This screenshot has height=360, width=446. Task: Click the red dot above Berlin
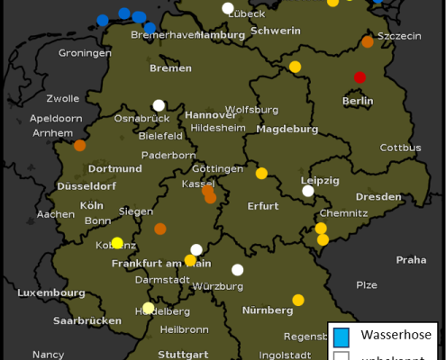coord(360,77)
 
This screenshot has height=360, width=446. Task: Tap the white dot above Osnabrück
coord(159,105)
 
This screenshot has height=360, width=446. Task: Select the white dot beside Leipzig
coord(308,191)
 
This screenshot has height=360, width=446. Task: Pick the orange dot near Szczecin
coord(368,41)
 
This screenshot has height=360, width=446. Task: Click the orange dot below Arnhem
coord(80,145)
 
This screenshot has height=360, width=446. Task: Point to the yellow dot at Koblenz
coord(117,243)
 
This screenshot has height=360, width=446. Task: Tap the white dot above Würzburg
coord(238,269)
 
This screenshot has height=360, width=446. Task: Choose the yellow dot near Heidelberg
coord(149,308)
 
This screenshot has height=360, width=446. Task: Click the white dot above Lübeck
coord(228,8)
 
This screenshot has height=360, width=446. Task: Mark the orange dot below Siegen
coord(160,229)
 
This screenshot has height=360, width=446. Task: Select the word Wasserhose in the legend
coord(396,336)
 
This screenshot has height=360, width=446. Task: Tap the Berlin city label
coord(358,101)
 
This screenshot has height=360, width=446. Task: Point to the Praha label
coord(411,259)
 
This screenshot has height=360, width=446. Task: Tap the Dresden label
coord(378,197)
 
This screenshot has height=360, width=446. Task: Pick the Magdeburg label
coord(287,129)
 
